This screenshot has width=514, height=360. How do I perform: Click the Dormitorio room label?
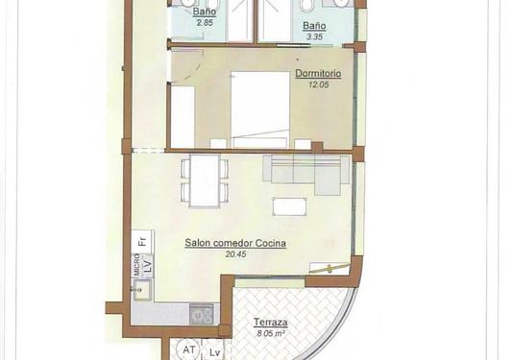pos(319,73)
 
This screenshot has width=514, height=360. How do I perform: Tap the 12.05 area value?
pos(318,84)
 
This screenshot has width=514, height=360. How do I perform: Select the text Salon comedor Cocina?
pos(235,243)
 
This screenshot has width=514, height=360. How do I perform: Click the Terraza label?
pos(269,324)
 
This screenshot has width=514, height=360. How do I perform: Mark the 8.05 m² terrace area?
pos(270,335)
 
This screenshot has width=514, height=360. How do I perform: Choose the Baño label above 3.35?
pos(314,26)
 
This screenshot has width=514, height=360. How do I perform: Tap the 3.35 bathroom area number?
pos(313,37)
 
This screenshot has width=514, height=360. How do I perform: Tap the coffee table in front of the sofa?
pos(290,205)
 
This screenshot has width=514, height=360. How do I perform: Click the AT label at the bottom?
pos(189,351)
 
